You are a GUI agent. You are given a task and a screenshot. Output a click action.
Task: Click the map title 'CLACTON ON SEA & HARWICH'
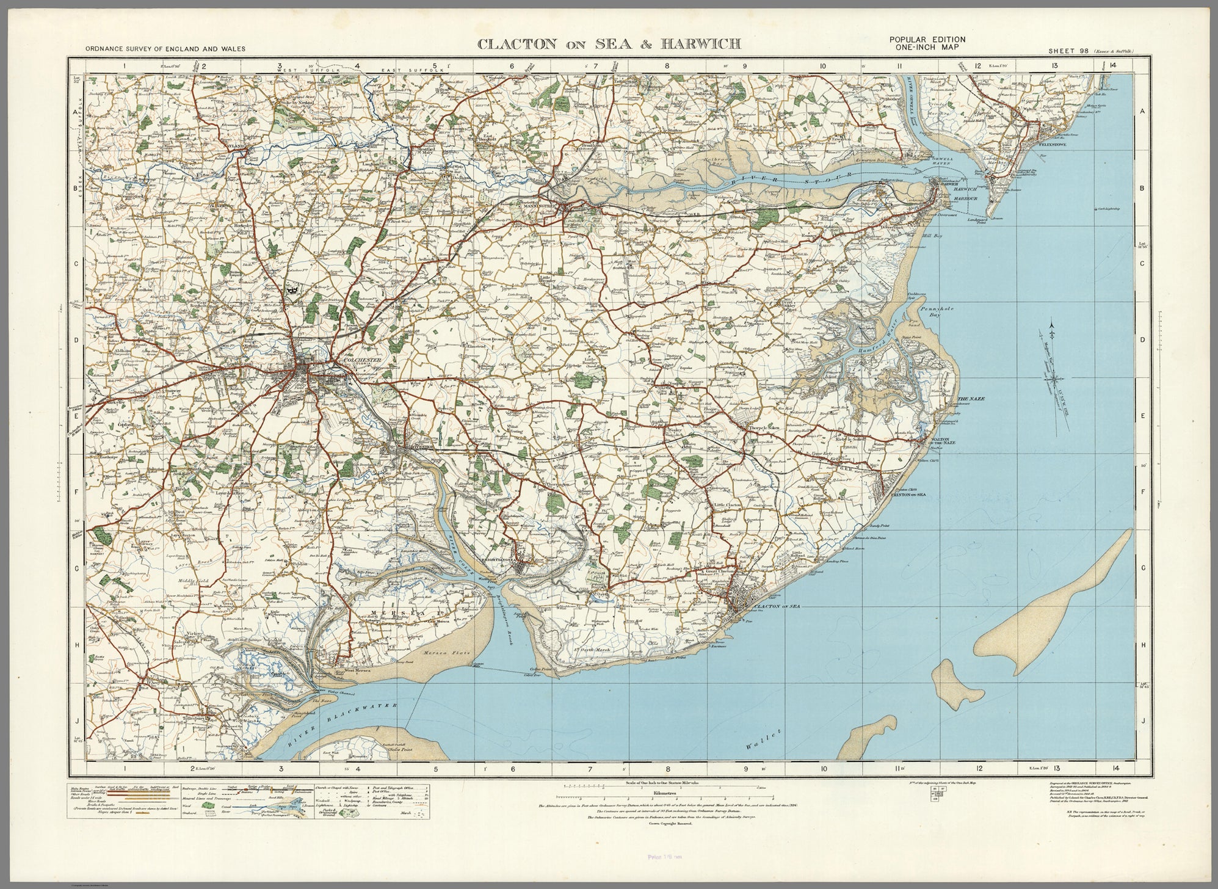click(x=609, y=43)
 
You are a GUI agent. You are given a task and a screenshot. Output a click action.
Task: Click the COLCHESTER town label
click(x=363, y=360)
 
